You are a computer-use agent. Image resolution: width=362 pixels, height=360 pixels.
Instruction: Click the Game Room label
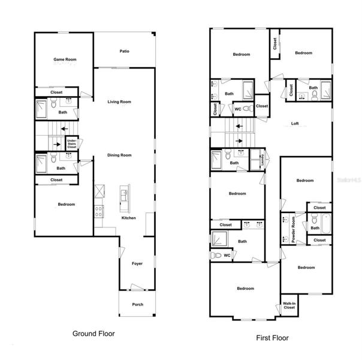(x=65, y=59)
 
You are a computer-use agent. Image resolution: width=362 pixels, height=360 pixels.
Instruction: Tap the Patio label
(x=125, y=51)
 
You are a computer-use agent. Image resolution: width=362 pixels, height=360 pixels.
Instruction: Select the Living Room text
(x=119, y=101)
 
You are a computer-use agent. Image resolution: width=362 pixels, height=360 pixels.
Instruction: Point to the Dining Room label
(x=119, y=155)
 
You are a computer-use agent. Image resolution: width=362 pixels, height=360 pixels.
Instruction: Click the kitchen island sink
(x=125, y=195)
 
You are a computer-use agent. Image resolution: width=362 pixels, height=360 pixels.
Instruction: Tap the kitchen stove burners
(x=99, y=211)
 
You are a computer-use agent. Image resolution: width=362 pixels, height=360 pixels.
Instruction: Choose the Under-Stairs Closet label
(x=72, y=144)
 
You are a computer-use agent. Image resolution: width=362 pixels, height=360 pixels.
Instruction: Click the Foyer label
(x=137, y=263)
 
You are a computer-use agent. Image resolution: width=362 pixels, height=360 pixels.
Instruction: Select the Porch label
(x=138, y=304)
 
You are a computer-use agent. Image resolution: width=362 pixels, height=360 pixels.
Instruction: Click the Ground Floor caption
(x=93, y=334)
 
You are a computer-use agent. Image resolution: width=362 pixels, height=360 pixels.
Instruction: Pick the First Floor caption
(x=273, y=338)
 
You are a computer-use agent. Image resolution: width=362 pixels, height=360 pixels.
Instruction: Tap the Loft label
(x=295, y=124)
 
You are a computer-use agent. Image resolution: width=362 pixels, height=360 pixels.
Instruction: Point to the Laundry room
(x=258, y=160)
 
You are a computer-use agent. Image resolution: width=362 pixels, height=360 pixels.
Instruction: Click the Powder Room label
(x=293, y=229)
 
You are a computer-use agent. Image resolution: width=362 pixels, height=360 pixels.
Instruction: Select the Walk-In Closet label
(x=289, y=305)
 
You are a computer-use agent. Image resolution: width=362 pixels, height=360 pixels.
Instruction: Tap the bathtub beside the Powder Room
(x=326, y=224)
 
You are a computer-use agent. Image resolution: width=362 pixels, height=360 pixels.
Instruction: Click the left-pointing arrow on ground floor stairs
(x=64, y=129)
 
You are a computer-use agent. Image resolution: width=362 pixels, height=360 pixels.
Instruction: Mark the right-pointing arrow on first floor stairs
(x=239, y=141)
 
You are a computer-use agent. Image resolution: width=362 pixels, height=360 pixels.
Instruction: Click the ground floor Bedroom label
(x=67, y=204)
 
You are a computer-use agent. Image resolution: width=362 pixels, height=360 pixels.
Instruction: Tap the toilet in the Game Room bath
(x=53, y=103)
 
